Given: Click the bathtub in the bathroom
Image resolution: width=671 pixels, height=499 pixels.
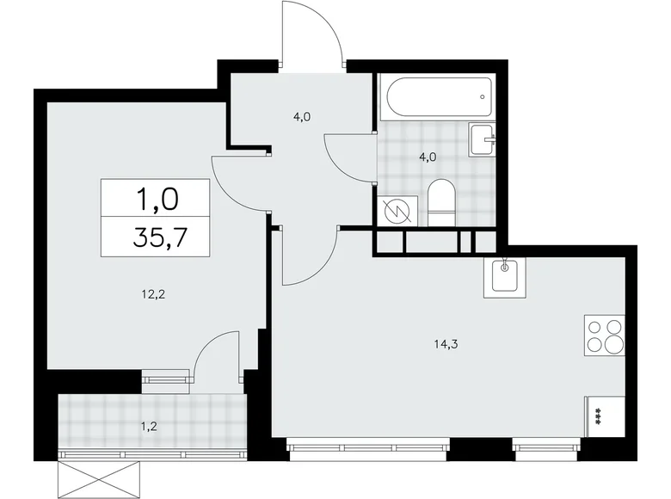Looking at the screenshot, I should tap(437, 98).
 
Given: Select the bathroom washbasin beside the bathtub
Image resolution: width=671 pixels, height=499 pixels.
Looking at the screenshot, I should tap(483, 139).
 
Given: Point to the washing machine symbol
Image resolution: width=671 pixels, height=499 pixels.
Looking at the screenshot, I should tap(398, 210).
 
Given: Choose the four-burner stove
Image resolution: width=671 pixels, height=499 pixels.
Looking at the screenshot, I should tap(604, 335).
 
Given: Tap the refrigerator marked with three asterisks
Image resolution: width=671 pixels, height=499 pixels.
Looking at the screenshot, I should tap(602, 418).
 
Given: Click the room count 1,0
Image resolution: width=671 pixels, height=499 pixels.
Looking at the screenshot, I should tap(156, 200).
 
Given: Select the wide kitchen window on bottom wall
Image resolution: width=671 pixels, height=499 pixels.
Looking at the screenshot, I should tap(368, 447).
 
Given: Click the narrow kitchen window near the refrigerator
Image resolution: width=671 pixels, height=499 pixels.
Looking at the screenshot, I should tap(546, 447).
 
